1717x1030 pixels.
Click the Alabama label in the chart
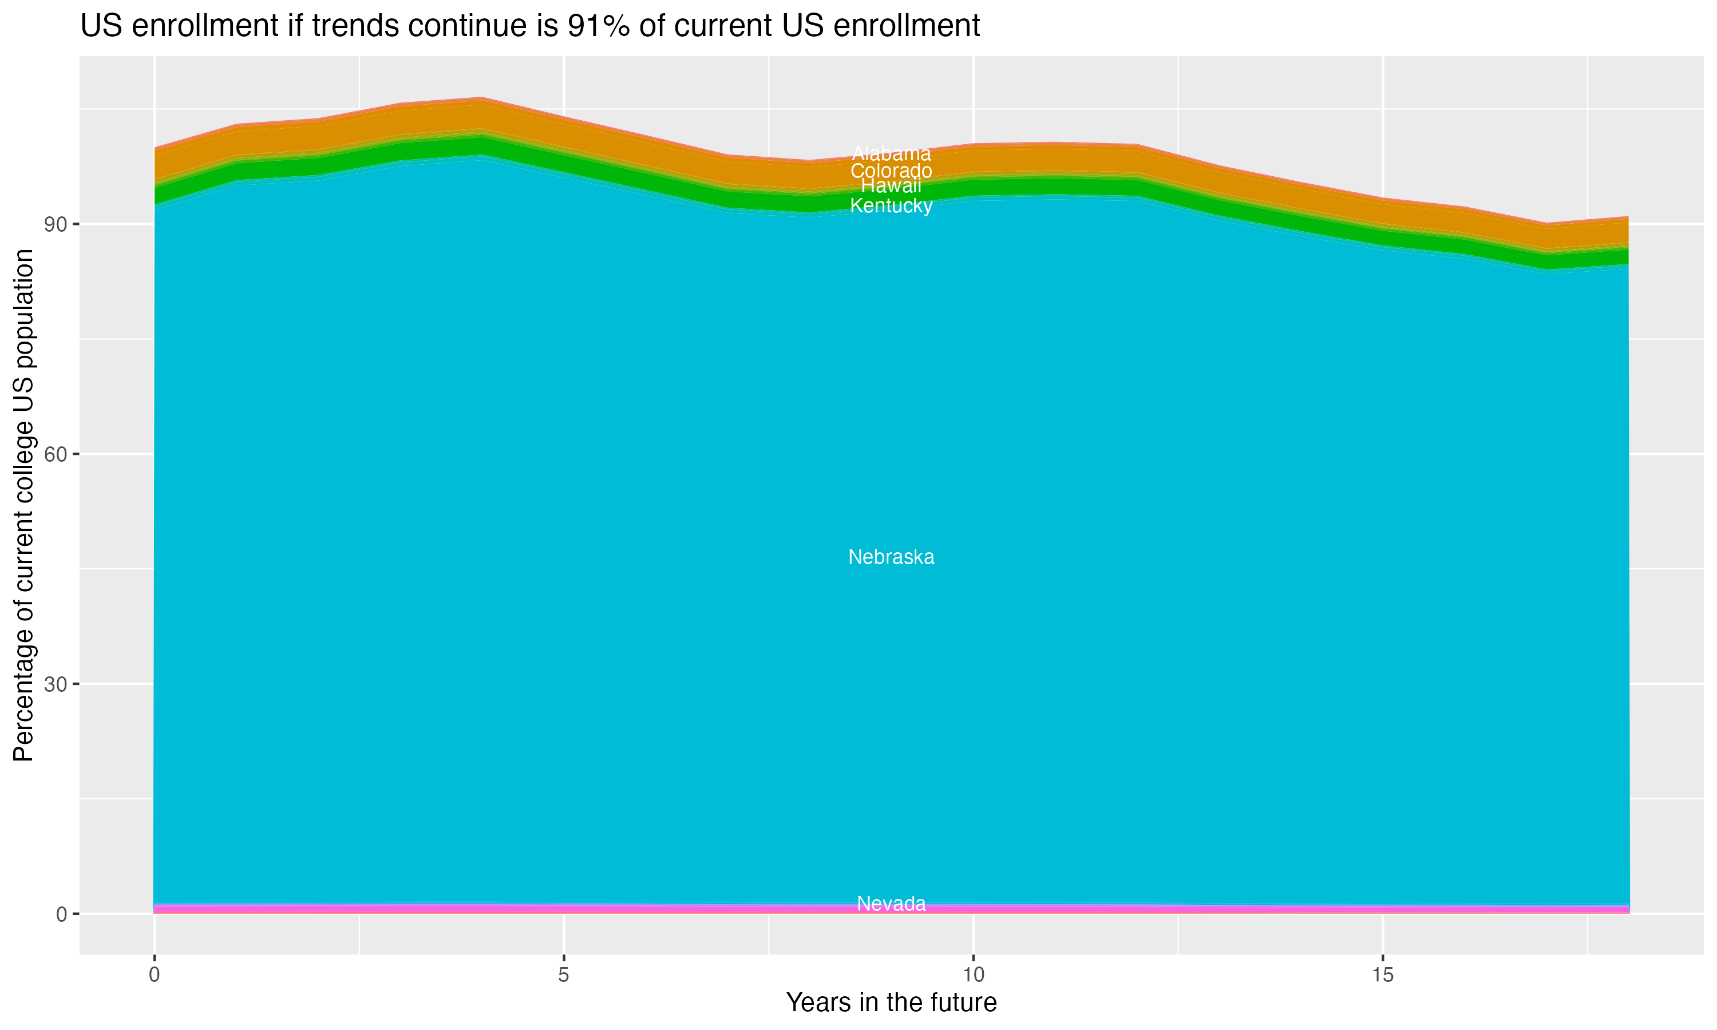(x=891, y=153)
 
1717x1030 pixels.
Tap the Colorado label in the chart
(x=891, y=171)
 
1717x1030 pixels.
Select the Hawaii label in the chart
(x=891, y=186)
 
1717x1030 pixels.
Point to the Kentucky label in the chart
(x=891, y=206)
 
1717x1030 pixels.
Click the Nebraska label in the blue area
(x=891, y=557)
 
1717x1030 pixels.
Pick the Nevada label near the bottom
(x=891, y=904)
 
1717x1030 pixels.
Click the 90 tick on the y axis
(x=56, y=225)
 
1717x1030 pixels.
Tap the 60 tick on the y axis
(x=56, y=454)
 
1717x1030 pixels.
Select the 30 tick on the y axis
(x=56, y=684)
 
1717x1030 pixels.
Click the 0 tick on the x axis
(x=154, y=975)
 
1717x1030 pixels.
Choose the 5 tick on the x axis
(x=564, y=975)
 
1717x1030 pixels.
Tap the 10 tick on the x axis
(x=973, y=975)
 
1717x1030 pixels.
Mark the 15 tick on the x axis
(x=1383, y=975)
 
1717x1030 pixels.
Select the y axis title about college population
(x=23, y=505)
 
